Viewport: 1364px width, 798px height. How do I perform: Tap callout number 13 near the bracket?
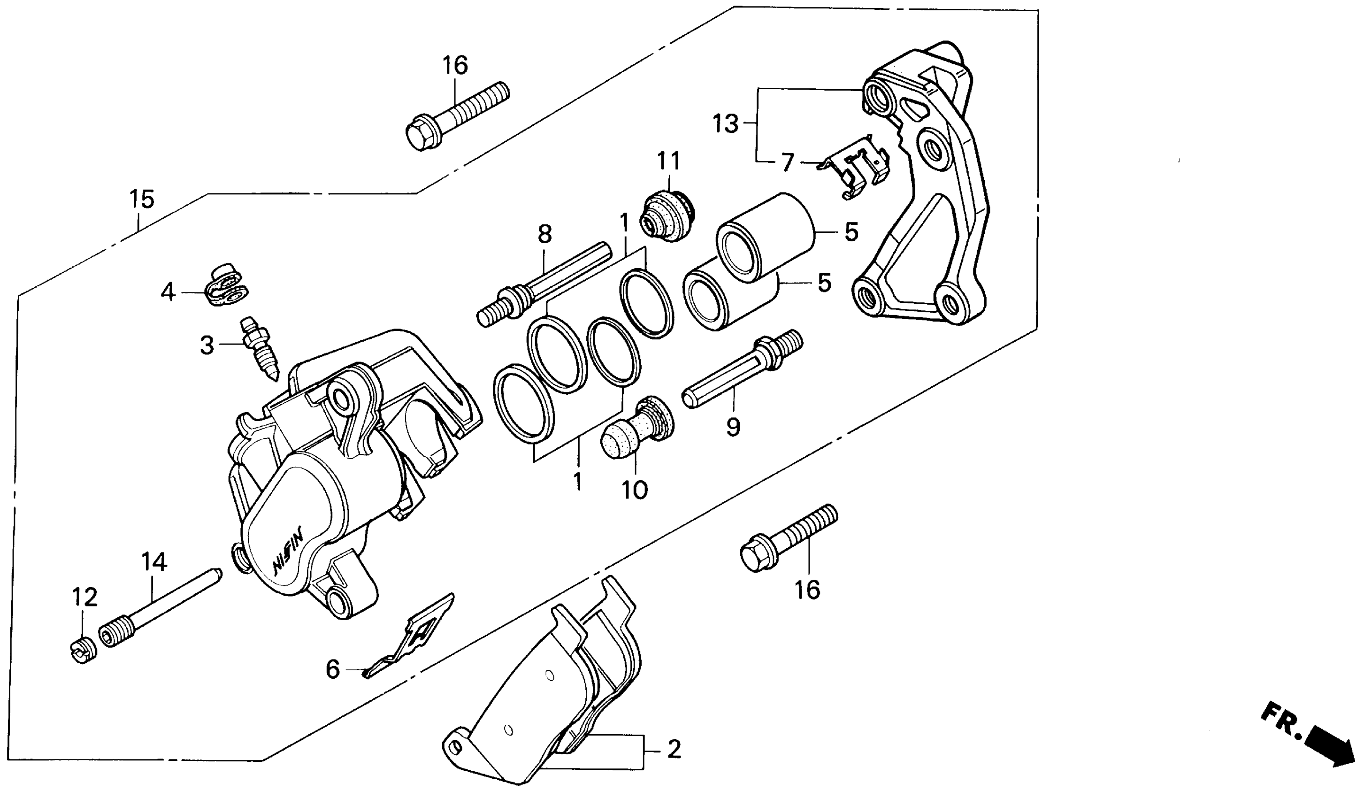(x=725, y=124)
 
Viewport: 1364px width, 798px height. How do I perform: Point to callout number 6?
(x=332, y=670)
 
